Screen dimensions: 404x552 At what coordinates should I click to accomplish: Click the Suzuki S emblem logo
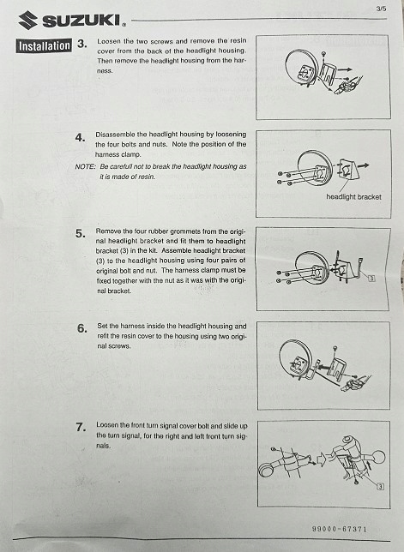point(28,20)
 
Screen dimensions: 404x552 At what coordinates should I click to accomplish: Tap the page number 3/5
point(381,9)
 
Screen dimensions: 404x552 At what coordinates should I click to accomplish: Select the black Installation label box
point(44,45)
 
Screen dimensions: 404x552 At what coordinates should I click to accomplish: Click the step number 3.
point(81,44)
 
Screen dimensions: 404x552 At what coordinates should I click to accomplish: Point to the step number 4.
point(80,138)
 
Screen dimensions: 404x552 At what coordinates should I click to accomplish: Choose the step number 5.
point(81,233)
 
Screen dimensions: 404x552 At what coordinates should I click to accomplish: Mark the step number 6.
point(81,328)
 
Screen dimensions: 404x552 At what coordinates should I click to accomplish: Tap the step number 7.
point(81,428)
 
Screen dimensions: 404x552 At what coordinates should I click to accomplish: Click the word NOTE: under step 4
point(85,166)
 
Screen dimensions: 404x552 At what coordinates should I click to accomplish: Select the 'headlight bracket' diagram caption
point(353,197)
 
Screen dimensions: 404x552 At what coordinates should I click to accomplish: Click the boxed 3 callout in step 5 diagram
point(371,279)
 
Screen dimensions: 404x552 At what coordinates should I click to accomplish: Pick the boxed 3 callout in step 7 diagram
point(380,487)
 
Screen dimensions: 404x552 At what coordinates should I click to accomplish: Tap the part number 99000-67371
point(340,529)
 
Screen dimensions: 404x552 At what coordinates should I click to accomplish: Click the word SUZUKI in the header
point(81,21)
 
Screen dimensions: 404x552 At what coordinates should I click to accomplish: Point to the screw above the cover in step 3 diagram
point(323,54)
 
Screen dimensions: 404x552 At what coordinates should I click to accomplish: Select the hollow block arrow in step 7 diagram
point(323,459)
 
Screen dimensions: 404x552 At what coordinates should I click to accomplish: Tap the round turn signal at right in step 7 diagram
point(377,458)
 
